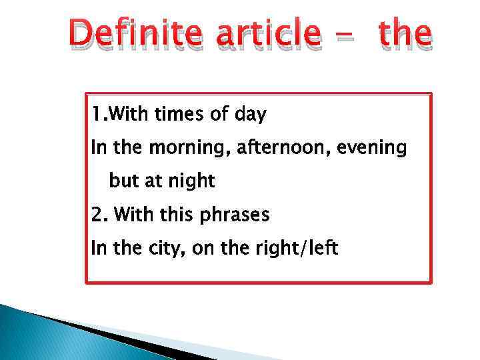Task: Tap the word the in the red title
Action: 397,33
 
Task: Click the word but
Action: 123,181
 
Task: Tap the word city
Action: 165,249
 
